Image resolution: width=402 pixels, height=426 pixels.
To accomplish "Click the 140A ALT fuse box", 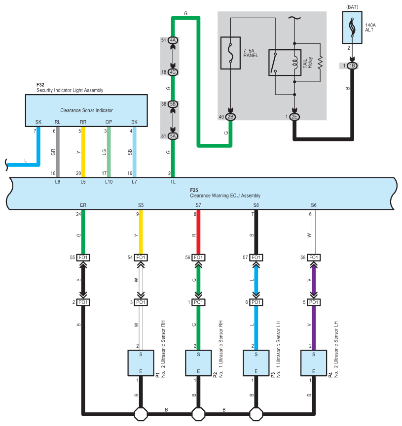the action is coord(352,27).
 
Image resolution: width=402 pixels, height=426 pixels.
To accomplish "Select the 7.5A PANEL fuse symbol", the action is coord(230,53).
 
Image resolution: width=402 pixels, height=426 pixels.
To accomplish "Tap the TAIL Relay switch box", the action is coord(285,63).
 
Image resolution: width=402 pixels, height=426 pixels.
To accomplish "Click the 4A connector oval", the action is coord(173,40).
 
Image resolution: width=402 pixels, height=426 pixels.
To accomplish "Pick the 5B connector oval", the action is coord(173,104).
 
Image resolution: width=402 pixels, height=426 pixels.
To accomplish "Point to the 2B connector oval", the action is coord(230,117).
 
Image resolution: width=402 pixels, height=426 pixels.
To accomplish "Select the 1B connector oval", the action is coord(352,66).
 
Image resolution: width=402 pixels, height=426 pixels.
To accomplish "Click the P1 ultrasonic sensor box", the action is coord(141,363).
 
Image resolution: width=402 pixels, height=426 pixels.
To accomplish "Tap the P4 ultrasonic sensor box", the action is coord(314,363).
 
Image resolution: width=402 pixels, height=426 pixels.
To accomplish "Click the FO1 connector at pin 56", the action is coord(198,257).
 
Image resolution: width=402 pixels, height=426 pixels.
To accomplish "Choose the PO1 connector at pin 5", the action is coord(314,302).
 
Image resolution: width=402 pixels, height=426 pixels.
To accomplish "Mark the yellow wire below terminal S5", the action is coord(141,232).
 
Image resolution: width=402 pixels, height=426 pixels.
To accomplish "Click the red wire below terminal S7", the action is coord(198,232).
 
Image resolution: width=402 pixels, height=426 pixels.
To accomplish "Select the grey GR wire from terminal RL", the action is coord(57,152).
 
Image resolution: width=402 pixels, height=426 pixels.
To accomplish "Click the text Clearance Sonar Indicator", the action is coord(86,110).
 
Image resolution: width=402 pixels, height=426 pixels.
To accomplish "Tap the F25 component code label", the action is coord(194,190).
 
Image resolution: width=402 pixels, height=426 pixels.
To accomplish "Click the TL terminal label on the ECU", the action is coord(173,182).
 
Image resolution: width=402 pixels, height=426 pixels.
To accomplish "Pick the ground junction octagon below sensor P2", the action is coord(198,414).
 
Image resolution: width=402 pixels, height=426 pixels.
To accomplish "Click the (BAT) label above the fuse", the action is coord(352,7).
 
